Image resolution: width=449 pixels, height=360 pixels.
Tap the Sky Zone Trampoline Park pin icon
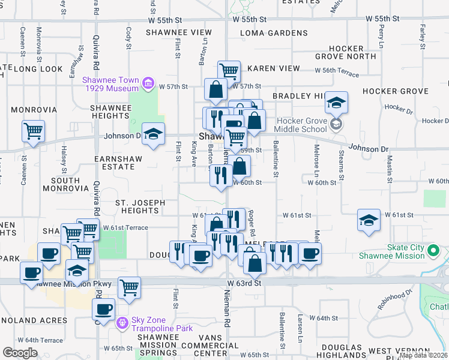[x=122, y=323]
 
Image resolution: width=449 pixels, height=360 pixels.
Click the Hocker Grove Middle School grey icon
[x=336, y=124]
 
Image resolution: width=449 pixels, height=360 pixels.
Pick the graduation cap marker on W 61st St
[x=369, y=219]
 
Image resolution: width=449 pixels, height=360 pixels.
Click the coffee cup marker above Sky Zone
[x=103, y=309]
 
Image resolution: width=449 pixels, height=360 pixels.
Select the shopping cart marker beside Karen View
[x=229, y=71]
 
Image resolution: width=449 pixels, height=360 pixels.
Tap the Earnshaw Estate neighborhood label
[x=114, y=163]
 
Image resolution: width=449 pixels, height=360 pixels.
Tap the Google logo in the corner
[x=20, y=352]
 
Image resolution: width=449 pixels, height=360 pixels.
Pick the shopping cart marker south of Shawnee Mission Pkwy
[x=129, y=287]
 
